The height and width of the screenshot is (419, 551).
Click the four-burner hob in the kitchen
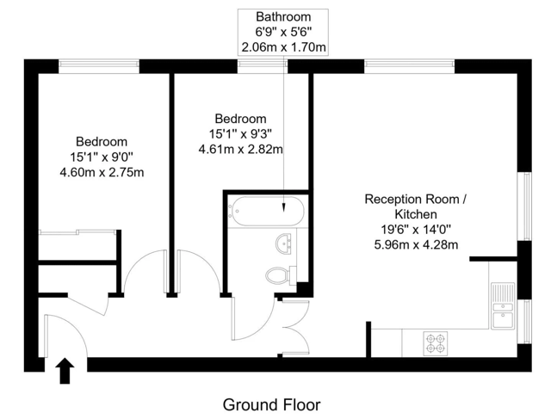coord(436,342)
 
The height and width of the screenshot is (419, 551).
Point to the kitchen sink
coord(502,305)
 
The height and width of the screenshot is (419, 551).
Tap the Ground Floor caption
coord(271,404)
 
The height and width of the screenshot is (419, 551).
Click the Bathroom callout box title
coord(283,17)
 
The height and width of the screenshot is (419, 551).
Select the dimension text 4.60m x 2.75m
coord(102,172)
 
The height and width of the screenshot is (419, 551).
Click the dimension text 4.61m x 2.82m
coord(240,149)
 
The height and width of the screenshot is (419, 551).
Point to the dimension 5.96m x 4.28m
coord(415,244)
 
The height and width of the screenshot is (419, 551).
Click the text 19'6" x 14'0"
coord(415,229)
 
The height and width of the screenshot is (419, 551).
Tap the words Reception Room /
coord(415,199)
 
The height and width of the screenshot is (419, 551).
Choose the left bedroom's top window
coord(99,64)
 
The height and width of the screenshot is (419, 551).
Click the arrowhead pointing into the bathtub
coord(283,207)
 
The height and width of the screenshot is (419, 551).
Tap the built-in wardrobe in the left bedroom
coord(77,245)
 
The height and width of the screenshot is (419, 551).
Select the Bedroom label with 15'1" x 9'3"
coord(240,119)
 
